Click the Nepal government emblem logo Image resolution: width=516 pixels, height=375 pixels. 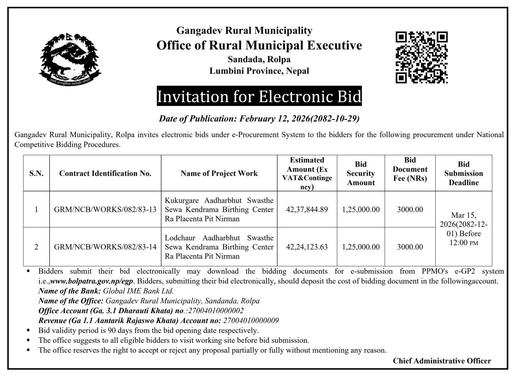point(70,59)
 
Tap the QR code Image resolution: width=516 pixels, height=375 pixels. point(421,57)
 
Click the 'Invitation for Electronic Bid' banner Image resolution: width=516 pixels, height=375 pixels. point(259,96)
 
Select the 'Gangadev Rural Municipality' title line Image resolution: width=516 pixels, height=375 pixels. point(244,30)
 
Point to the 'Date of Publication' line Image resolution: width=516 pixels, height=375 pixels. point(259,119)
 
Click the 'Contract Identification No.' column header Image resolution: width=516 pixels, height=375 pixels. point(105,173)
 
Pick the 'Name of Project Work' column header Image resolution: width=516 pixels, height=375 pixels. point(219,173)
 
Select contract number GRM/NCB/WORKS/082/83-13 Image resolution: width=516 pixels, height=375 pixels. point(105,209)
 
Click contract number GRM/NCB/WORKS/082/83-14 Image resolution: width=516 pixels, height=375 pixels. point(105,247)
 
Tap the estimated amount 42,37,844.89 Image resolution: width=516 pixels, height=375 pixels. point(307,209)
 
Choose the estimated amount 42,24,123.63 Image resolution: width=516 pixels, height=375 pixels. point(307,247)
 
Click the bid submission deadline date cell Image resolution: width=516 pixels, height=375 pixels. point(464,228)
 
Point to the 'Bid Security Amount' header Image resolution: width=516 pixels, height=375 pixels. point(361,173)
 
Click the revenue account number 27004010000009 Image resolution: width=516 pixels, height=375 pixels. point(251,320)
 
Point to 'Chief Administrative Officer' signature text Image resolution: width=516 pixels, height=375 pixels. point(442,361)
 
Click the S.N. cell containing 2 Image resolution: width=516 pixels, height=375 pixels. point(36,247)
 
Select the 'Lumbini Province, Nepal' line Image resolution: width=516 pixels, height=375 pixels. point(259,71)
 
